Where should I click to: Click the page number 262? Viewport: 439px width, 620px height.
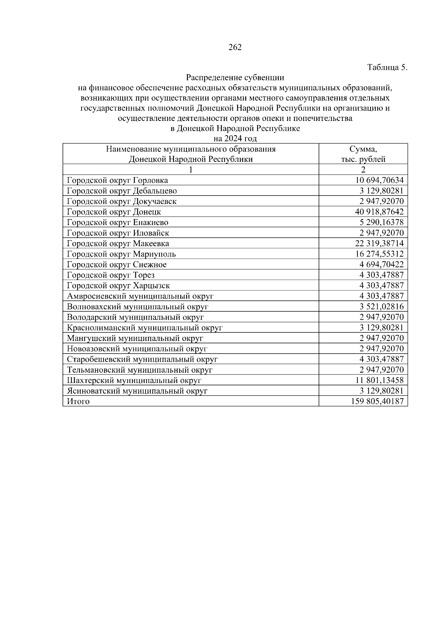pos(235,47)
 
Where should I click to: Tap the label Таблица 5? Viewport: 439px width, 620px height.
pos(387,68)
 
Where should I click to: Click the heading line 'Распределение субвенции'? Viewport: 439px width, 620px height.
pos(235,77)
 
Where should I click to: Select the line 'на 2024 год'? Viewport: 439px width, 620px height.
pos(235,139)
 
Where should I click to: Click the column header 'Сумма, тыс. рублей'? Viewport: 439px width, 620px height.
pos(363,154)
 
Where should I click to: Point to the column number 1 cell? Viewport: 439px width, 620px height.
pos(191,170)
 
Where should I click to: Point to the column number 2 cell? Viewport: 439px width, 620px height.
pos(363,170)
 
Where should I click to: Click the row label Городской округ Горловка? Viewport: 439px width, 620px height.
pos(117,180)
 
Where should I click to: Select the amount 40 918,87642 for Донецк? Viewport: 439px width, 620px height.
pos(380,212)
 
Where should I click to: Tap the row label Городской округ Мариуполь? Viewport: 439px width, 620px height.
pos(121,254)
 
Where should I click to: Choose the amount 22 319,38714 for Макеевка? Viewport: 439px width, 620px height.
pos(380,244)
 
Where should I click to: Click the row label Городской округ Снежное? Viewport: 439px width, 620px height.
pos(117,265)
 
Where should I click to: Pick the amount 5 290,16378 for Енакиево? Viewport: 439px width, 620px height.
pos(382,222)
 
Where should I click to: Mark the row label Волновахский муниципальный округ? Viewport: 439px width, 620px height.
pos(138,307)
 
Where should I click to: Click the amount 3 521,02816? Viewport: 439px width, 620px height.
pos(382,307)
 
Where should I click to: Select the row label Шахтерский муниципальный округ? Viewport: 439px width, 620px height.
pos(134,381)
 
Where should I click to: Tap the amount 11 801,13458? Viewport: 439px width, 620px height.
pos(380,381)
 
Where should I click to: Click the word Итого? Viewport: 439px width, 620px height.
pos(78,402)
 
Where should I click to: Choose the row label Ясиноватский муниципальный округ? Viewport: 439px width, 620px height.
pos(137,391)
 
